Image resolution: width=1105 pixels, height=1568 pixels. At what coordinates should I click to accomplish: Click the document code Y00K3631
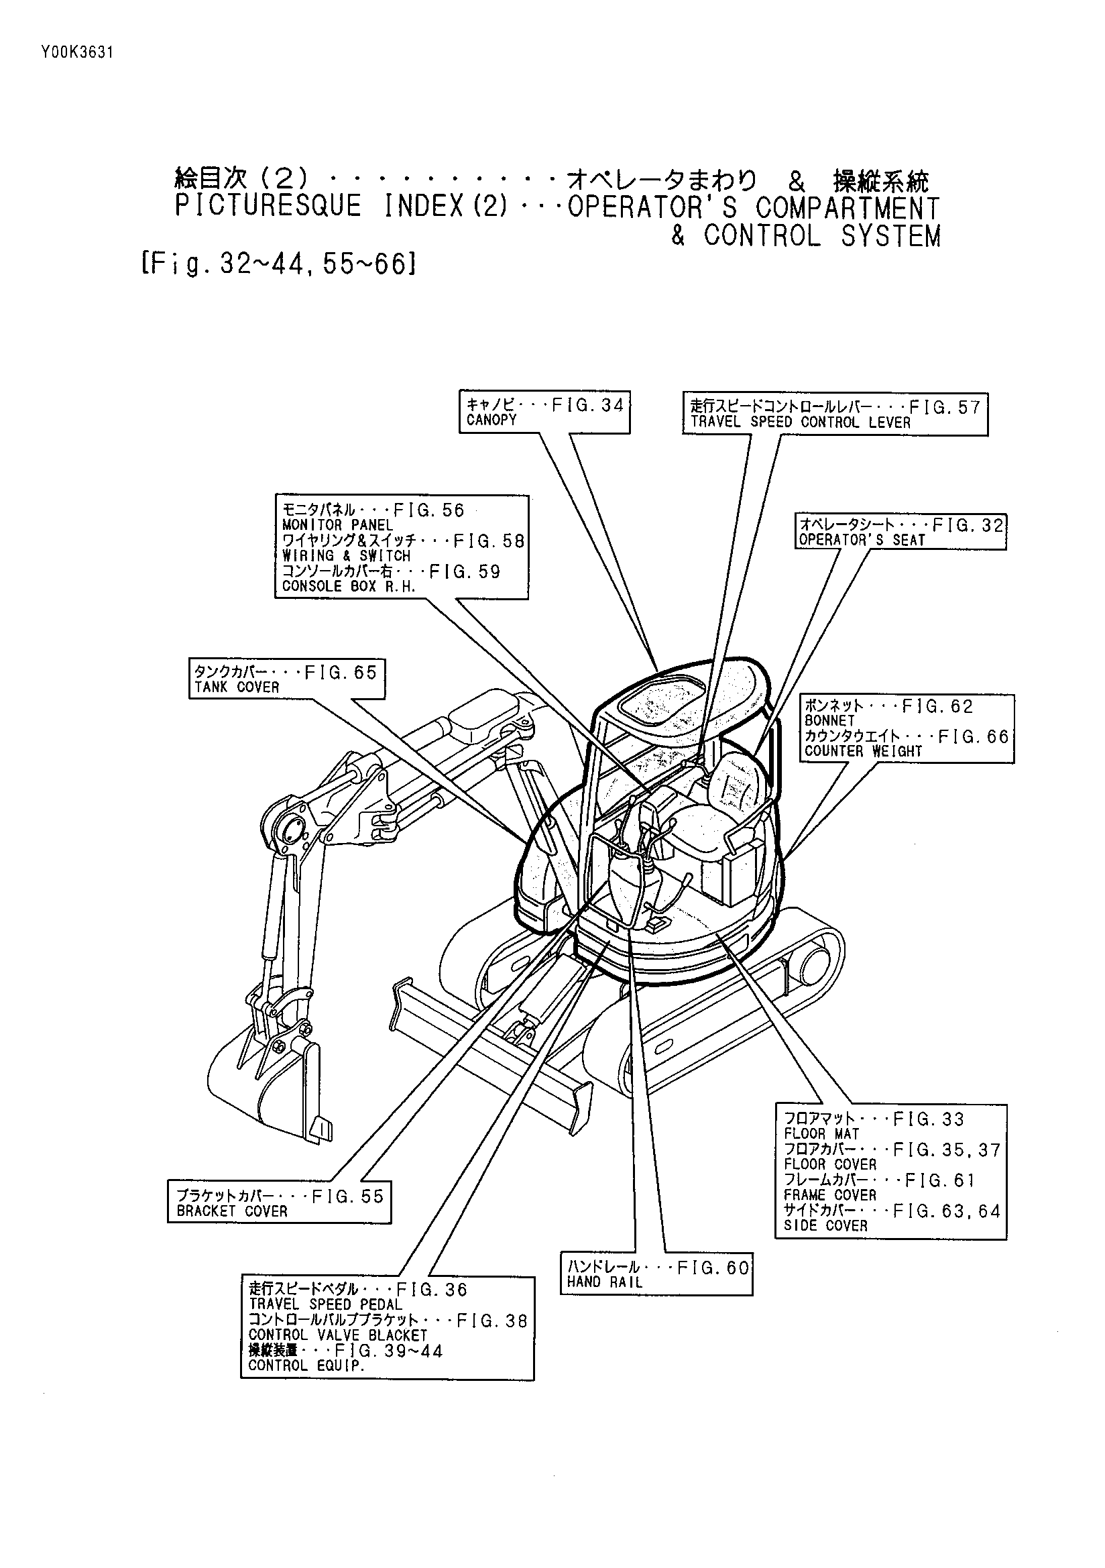76,53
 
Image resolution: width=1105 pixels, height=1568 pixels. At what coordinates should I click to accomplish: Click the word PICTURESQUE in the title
268,207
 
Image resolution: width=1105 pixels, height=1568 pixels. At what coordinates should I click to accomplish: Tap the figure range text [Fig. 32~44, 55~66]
279,264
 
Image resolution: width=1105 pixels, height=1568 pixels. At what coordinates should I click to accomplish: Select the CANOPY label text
491,421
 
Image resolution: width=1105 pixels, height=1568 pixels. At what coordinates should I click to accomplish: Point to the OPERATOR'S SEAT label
862,540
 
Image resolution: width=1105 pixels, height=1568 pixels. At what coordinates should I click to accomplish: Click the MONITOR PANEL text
337,525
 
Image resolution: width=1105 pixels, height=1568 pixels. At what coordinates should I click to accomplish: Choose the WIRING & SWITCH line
346,556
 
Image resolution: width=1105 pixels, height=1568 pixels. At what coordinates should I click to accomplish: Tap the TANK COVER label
237,687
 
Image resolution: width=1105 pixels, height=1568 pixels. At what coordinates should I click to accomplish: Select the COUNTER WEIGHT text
863,751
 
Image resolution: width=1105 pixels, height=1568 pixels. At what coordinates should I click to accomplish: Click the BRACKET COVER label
232,1211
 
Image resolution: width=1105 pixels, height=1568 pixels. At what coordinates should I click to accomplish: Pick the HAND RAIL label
604,1282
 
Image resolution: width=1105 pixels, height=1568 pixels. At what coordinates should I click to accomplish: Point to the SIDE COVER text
825,1226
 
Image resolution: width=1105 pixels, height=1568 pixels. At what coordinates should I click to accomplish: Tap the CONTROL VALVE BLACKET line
337,1335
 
